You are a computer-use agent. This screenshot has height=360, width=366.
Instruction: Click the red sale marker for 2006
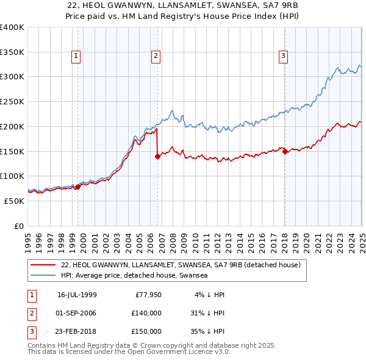[157, 156]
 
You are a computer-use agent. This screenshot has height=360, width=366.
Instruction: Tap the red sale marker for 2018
[285, 152]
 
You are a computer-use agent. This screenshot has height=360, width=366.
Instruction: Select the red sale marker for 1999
[77, 187]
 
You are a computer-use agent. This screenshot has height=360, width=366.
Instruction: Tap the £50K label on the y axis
[15, 201]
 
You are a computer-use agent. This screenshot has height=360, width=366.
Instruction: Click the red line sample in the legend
[43, 265]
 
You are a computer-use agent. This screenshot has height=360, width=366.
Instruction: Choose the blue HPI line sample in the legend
[43, 276]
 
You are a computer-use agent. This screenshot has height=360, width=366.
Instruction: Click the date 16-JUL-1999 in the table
[77, 295]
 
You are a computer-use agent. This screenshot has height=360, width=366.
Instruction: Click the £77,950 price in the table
[147, 295]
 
